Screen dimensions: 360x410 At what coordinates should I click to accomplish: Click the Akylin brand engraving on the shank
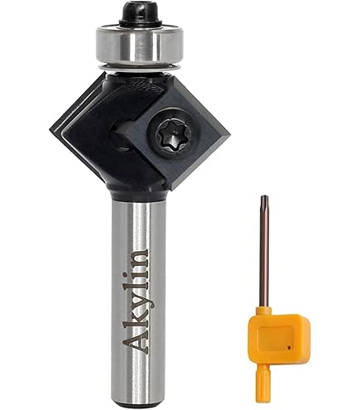(135, 301)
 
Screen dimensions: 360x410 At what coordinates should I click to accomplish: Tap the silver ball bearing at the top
(140, 44)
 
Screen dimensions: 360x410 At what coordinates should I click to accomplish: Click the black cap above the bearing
(140, 14)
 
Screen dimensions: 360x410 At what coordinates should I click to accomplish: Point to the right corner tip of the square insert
(230, 134)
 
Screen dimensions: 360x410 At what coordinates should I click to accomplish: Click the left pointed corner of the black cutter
(50, 128)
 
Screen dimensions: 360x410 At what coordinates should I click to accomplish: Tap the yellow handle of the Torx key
(279, 335)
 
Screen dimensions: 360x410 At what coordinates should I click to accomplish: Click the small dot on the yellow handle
(289, 348)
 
